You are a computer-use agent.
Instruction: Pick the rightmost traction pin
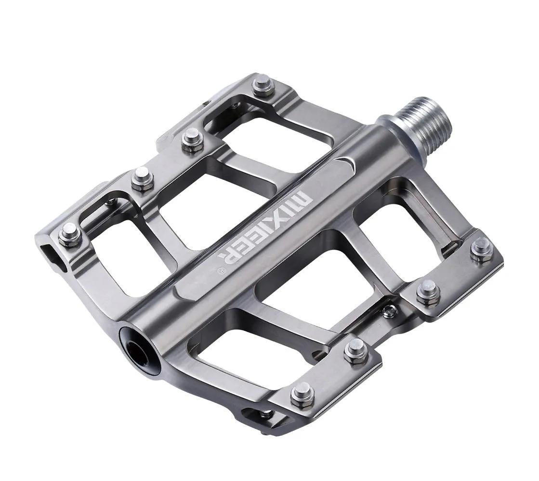[x=482, y=250]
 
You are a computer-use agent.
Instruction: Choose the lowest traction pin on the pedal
[x=302, y=394]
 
